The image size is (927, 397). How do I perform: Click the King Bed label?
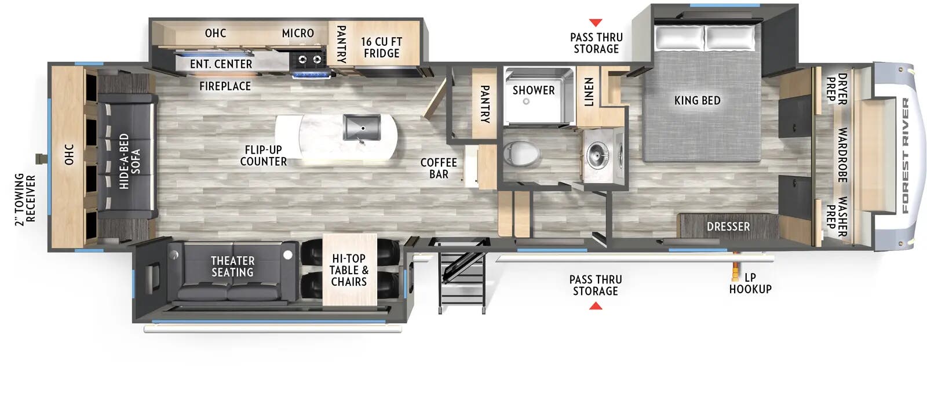tap(697, 100)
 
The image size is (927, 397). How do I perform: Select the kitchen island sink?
tap(362, 127)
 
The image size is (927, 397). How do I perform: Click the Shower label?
tap(533, 90)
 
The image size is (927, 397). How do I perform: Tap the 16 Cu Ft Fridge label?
tap(381, 48)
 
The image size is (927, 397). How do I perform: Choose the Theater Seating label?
tap(232, 267)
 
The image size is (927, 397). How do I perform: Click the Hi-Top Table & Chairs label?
tap(349, 270)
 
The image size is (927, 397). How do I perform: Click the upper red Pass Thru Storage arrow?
tap(596, 23)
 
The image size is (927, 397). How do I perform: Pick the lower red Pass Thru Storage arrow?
tap(595, 305)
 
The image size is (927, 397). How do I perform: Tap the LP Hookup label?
tap(750, 283)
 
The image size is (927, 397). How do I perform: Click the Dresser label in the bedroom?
tap(728, 227)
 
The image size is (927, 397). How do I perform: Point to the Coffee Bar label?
tap(439, 168)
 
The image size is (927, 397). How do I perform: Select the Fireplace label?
tap(225, 86)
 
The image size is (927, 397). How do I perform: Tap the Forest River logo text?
tap(905, 155)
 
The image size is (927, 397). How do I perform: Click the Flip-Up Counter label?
tap(263, 156)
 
